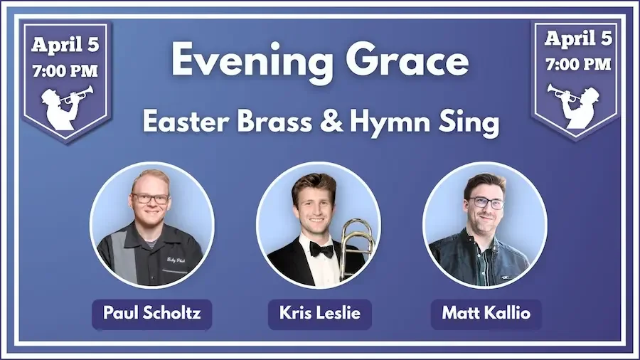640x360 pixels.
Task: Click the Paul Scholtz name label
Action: [x=151, y=312]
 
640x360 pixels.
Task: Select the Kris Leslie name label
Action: [x=319, y=312]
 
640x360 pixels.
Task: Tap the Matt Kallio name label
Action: [x=486, y=312]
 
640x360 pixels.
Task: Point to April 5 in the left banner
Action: [x=65, y=44]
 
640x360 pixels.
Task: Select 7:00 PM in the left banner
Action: [x=65, y=71]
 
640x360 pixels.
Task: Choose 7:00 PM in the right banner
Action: [x=578, y=65]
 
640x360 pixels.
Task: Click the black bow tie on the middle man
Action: [x=321, y=250]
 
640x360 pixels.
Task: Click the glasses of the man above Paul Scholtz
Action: [x=151, y=198]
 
